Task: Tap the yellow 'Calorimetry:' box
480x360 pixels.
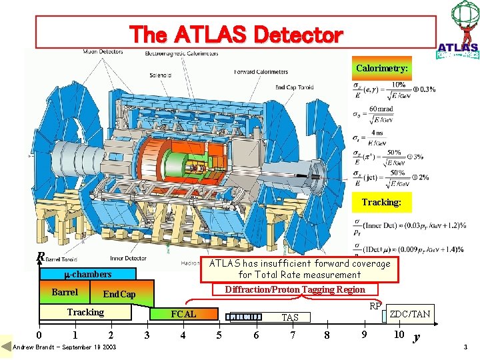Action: [381, 68]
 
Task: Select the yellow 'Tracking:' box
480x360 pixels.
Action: [381, 202]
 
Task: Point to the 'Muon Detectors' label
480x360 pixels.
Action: [103, 52]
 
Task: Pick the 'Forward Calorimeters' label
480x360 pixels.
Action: [261, 72]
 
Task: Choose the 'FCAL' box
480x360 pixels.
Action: [184, 314]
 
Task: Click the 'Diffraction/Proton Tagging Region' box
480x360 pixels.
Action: [295, 289]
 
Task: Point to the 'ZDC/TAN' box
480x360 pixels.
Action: [409, 314]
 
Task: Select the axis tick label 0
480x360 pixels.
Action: [39, 335]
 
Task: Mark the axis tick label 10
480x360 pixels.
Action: [399, 334]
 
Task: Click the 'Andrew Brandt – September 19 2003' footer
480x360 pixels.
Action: [64, 347]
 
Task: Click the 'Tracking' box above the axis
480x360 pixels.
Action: [85, 312]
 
